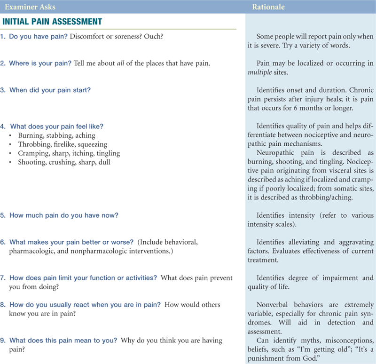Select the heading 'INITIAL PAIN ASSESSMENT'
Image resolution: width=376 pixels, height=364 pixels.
click(52, 22)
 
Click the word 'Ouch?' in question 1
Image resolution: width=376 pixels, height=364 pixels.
click(153, 37)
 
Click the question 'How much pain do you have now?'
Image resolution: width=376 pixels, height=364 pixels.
click(64, 215)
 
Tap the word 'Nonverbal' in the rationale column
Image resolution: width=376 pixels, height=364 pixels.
click(273, 305)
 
